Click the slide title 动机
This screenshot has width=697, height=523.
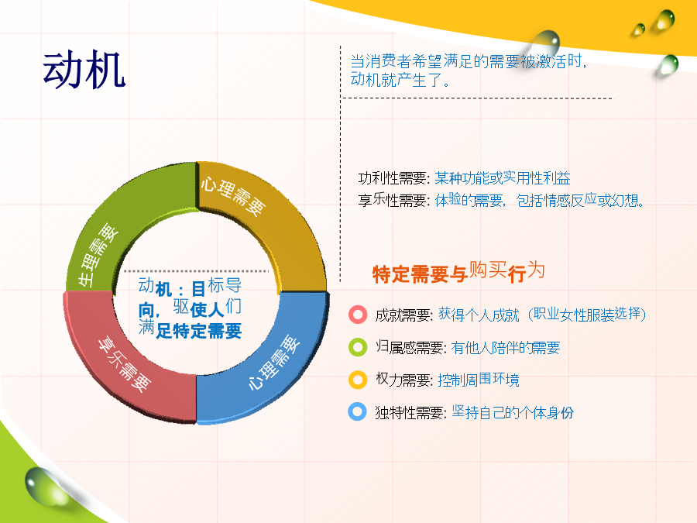(x=84, y=70)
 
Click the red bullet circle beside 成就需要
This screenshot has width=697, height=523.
(x=358, y=315)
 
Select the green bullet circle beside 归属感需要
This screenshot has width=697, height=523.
(x=358, y=347)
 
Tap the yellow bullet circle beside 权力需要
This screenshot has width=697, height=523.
(x=358, y=380)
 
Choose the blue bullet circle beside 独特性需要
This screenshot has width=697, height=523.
(x=357, y=412)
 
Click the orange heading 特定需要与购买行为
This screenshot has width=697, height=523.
(x=458, y=272)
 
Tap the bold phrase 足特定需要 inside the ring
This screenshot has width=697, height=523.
(x=199, y=330)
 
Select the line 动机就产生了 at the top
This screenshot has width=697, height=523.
(x=400, y=80)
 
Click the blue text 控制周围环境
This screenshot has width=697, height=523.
(x=479, y=380)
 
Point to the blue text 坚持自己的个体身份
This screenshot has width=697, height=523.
(x=513, y=412)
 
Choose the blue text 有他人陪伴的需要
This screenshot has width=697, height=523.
(x=506, y=347)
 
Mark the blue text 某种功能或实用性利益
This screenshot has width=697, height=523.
(x=503, y=178)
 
